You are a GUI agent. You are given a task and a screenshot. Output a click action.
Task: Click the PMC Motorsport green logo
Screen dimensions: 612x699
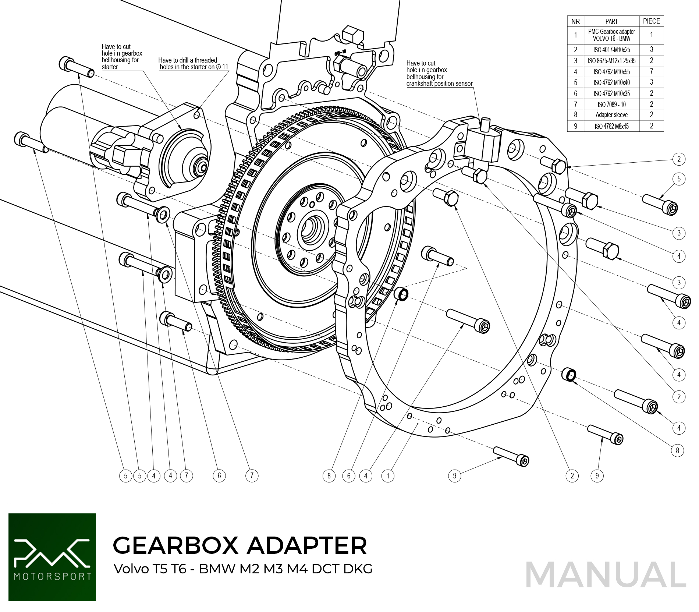coord(52,557)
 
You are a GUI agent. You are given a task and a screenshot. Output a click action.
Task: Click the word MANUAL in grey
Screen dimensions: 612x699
coord(606,575)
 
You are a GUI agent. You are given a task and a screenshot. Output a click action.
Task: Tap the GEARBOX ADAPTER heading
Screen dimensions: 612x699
coord(240,545)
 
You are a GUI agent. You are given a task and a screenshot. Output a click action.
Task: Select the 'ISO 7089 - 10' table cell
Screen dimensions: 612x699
coord(611,105)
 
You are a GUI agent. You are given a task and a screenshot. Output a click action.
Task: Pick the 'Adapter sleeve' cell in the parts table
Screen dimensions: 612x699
coord(611,115)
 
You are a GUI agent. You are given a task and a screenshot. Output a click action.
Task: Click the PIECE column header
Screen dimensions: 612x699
coord(651,21)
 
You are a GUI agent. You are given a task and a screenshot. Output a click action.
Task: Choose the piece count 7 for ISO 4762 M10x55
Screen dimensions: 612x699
coord(651,71)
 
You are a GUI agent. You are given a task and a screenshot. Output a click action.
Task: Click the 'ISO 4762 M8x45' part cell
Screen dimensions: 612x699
coord(611,126)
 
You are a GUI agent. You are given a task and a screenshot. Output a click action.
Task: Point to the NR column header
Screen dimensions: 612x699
coord(575,21)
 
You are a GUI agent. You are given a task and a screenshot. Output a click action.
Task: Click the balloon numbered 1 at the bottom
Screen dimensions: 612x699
coord(388,476)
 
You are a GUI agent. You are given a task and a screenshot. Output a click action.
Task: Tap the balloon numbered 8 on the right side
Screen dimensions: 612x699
coord(677,450)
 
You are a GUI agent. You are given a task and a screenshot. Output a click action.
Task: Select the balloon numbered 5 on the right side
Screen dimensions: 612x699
coord(679,179)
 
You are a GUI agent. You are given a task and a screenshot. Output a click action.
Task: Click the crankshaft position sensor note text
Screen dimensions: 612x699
coord(439,74)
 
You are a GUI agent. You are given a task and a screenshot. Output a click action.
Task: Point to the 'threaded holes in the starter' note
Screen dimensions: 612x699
coord(193,64)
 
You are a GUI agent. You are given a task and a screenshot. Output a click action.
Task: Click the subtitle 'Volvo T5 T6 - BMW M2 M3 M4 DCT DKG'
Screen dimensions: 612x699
coord(243,569)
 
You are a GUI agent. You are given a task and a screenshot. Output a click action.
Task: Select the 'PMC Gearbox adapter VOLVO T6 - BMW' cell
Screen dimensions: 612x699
coord(611,35)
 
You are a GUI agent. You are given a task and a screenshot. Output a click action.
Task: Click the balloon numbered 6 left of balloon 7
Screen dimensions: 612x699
coord(219,476)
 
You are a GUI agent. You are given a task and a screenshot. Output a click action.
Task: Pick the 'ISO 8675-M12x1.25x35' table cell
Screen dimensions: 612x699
coord(611,61)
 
